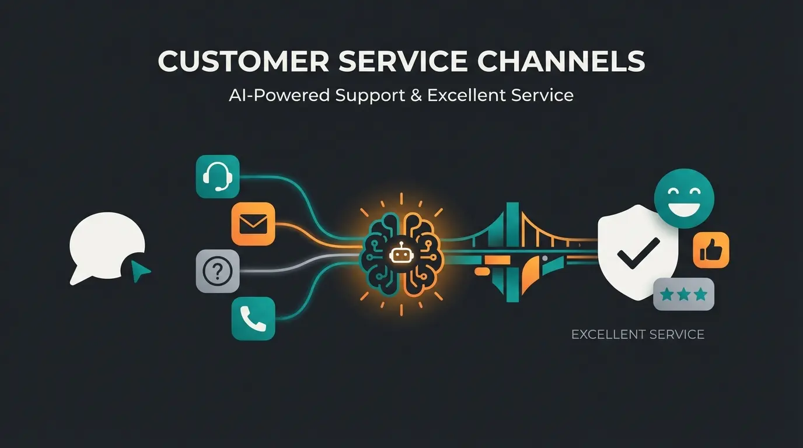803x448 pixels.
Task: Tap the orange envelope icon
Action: (253, 223)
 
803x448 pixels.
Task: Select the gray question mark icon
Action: (218, 271)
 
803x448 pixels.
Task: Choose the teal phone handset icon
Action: (253, 318)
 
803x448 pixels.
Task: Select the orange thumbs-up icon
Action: (711, 250)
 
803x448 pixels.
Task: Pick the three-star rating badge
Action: (683, 294)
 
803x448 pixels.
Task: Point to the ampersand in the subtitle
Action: (416, 95)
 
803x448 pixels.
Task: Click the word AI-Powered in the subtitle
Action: (279, 95)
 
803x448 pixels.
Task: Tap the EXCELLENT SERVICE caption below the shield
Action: (638, 335)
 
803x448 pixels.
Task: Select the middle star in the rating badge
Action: (683, 294)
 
